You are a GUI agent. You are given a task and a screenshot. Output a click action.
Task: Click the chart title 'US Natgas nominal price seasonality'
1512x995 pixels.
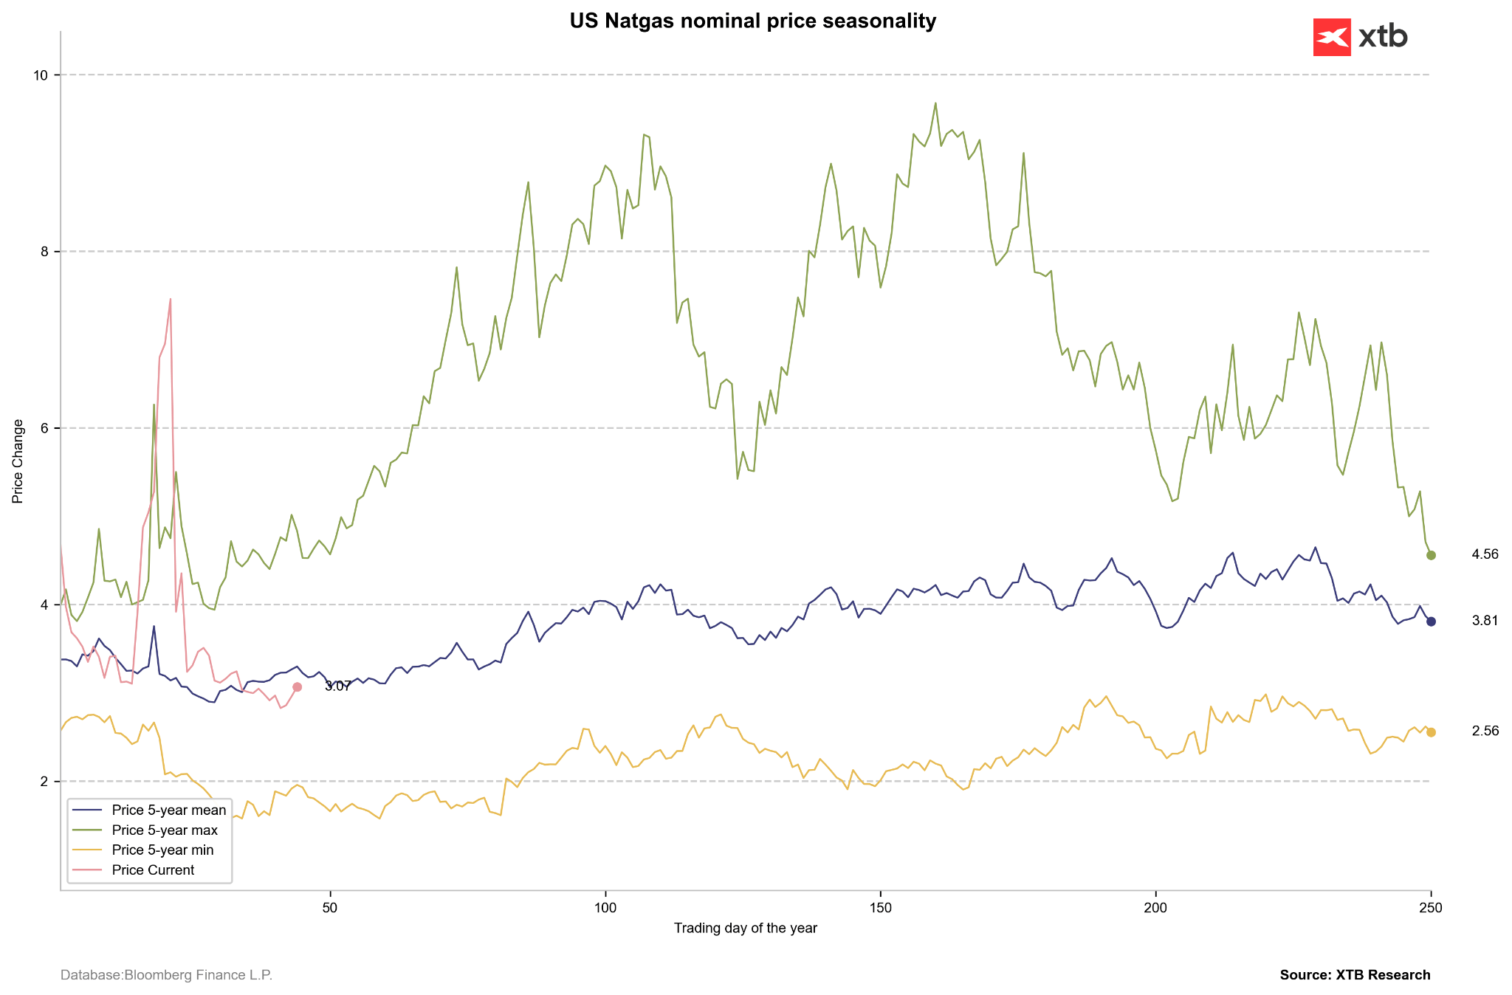(752, 21)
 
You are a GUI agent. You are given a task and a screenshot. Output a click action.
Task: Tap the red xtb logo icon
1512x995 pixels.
(1332, 37)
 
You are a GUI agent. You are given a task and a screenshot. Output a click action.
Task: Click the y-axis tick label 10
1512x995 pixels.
(40, 75)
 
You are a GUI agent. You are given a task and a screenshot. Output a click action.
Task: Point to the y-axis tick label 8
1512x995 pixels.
(43, 252)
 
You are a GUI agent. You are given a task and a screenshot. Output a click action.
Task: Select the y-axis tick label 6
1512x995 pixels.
(43, 428)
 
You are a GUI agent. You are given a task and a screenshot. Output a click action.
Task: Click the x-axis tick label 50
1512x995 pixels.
(330, 906)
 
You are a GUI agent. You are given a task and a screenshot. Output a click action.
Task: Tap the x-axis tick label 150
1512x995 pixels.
(880, 906)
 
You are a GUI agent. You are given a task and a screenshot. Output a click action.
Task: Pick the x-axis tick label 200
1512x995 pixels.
(1155, 906)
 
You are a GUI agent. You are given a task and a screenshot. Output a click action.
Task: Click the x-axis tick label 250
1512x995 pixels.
(1431, 906)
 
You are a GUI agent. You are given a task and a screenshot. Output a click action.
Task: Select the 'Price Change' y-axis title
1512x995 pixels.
(18, 461)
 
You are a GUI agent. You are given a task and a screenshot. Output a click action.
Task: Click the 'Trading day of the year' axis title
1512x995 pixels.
(745, 929)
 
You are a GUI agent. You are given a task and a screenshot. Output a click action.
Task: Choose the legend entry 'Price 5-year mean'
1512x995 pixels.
(168, 810)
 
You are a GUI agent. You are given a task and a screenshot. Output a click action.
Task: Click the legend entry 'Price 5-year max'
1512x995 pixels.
(165, 830)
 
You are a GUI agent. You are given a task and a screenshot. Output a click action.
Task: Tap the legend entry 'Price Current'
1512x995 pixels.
(153, 870)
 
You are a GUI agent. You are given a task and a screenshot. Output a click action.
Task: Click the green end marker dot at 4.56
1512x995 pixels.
(1431, 555)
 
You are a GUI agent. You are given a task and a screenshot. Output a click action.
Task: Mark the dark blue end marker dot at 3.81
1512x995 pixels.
(1431, 622)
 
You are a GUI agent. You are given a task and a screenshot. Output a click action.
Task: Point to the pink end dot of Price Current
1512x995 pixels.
(297, 687)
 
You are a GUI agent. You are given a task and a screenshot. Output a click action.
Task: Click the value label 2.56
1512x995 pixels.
(1485, 731)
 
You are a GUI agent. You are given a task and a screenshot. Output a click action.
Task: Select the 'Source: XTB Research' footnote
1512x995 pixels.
(1355, 975)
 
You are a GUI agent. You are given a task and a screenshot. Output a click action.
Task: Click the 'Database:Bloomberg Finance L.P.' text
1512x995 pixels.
(166, 976)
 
